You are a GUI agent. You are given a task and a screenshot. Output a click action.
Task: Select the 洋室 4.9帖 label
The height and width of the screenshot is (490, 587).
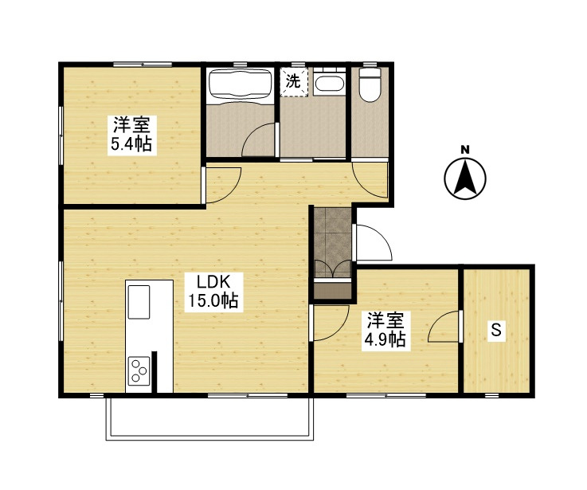(386, 330)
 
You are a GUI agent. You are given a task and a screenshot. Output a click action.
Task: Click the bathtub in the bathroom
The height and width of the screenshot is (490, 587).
(240, 85)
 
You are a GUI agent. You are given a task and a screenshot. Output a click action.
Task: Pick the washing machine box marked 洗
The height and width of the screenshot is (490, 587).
(294, 81)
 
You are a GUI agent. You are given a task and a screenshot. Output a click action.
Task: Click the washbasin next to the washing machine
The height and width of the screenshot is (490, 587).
(328, 84)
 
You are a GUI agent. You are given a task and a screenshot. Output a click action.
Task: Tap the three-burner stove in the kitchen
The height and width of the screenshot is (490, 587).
(139, 368)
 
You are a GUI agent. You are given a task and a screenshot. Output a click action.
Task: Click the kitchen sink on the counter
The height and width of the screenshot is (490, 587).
(139, 301)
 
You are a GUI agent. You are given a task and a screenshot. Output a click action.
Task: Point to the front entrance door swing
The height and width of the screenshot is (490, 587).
(370, 242)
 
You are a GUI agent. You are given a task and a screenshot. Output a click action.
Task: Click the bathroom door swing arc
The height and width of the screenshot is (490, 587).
(258, 142)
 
